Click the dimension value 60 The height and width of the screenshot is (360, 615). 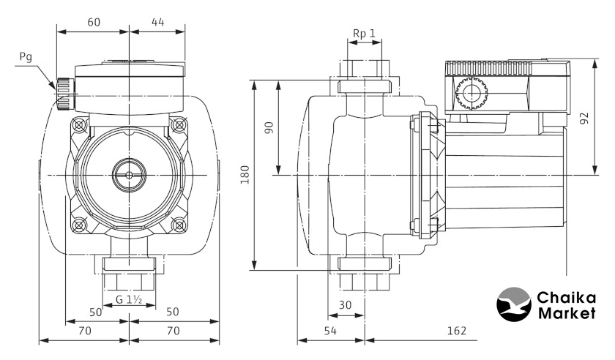[x=94, y=22]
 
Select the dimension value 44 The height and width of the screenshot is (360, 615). [x=157, y=22]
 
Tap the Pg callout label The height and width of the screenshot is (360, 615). [x=26, y=56]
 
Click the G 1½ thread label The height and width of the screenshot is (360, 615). [x=129, y=299]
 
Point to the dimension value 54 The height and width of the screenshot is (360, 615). [x=330, y=331]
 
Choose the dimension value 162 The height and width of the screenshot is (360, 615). [x=456, y=331]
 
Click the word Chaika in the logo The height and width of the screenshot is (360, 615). [x=566, y=299]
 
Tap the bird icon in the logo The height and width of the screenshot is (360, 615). [x=515, y=306]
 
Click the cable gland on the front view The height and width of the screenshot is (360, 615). [x=62, y=91]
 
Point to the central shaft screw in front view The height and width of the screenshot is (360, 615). [x=129, y=175]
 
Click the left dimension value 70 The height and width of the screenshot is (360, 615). [x=84, y=331]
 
